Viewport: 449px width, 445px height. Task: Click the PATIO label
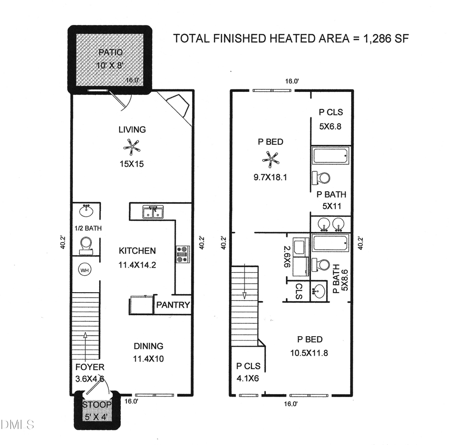point(110,52)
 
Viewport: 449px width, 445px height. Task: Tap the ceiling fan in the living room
point(132,146)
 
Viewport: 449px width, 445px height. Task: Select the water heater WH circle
point(85,270)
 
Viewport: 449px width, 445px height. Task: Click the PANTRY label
point(173,305)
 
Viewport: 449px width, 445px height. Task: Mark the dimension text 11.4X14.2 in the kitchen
point(137,265)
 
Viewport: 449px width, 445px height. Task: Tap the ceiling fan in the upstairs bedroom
point(270,159)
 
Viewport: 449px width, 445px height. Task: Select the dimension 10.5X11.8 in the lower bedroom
point(309,353)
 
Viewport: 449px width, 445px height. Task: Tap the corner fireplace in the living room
point(178,106)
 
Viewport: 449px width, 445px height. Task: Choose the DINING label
point(148,346)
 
